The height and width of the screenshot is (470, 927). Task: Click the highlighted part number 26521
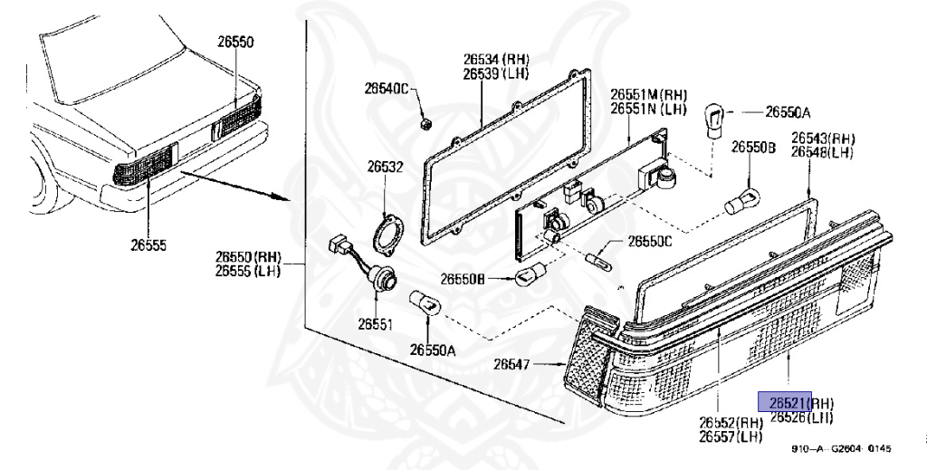click(x=785, y=402)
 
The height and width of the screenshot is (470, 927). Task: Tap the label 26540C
click(x=387, y=89)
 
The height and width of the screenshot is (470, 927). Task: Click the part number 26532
click(x=385, y=167)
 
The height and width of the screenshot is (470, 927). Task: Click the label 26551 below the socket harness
click(x=374, y=323)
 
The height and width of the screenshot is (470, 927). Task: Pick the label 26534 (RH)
click(x=496, y=60)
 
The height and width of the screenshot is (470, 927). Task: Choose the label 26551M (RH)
click(x=648, y=94)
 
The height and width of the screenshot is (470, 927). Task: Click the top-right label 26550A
click(x=788, y=112)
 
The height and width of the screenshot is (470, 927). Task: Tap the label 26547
click(x=511, y=365)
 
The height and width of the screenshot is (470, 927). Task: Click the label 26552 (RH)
click(x=731, y=422)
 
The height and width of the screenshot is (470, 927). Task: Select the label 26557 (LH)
click(x=730, y=437)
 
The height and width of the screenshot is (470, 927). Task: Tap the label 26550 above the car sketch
click(x=235, y=41)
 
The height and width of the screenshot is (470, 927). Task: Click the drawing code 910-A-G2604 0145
click(x=839, y=448)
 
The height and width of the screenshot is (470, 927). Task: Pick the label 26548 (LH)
click(x=822, y=152)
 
